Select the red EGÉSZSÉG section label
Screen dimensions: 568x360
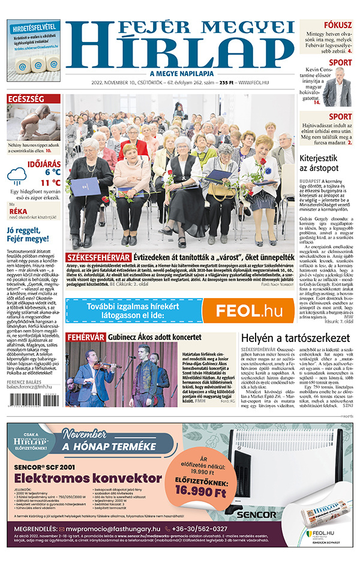[25, 99]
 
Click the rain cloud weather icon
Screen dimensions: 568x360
[16, 176]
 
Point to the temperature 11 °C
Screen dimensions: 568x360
[50, 182]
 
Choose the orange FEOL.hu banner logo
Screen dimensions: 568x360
[248, 310]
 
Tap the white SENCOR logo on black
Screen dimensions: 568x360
[256, 515]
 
